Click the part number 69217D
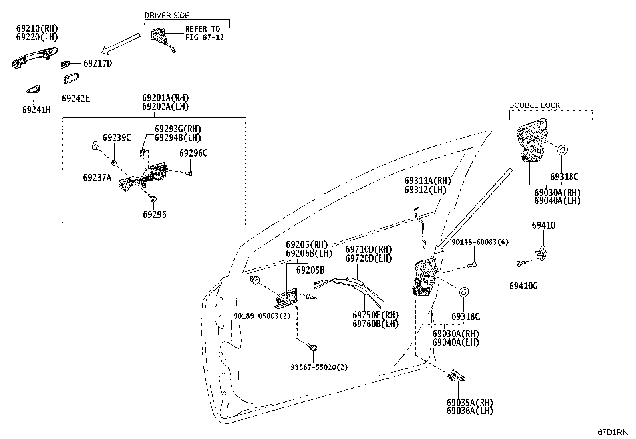(x=97, y=64)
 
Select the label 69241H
(x=37, y=110)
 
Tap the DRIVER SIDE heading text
(x=167, y=15)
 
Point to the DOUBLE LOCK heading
(x=535, y=105)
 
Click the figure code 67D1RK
(x=613, y=432)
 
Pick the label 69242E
(x=76, y=98)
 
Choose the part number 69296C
(x=193, y=153)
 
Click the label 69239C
(x=117, y=138)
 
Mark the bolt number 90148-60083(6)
(x=480, y=242)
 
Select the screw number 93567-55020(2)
(x=319, y=367)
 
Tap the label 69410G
(x=524, y=286)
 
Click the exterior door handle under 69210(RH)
(x=35, y=58)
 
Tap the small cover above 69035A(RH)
(x=456, y=375)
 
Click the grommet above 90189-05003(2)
(x=255, y=280)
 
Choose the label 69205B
(x=310, y=270)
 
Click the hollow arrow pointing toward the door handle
(x=121, y=44)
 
